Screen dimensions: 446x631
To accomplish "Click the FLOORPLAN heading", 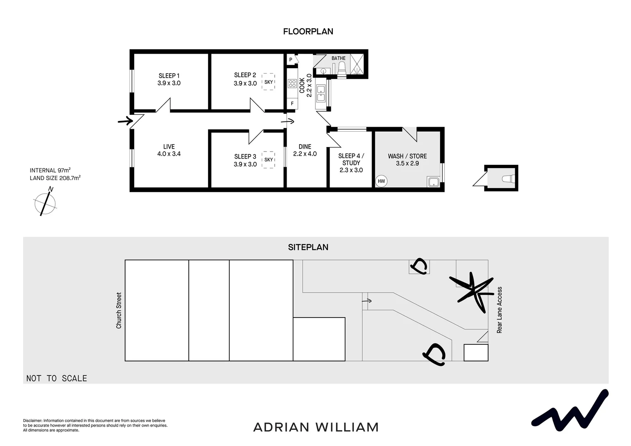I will [x=308, y=31].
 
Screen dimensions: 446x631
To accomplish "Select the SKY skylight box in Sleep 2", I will [x=269, y=82].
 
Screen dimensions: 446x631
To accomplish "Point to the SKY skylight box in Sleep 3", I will [x=269, y=160].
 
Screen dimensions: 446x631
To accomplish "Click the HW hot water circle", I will [x=381, y=181].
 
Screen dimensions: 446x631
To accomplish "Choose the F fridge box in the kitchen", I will [x=292, y=104].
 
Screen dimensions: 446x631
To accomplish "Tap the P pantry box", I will [x=291, y=60].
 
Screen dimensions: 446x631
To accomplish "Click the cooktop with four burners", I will [x=292, y=84].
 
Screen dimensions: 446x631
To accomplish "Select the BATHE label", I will [x=339, y=58].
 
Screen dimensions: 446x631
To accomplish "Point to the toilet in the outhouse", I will [x=508, y=179].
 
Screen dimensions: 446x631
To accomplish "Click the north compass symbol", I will [x=45, y=202].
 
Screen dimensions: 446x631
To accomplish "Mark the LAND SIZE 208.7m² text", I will [x=55, y=178].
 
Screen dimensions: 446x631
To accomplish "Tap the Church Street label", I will [x=119, y=311].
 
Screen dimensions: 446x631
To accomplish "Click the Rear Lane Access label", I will [x=499, y=310].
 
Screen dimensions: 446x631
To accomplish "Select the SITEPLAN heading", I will [x=308, y=247].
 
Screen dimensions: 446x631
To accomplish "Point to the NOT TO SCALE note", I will [x=57, y=378].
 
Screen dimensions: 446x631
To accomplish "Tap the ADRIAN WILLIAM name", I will [x=316, y=427].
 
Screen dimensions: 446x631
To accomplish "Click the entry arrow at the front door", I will [x=125, y=121].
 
